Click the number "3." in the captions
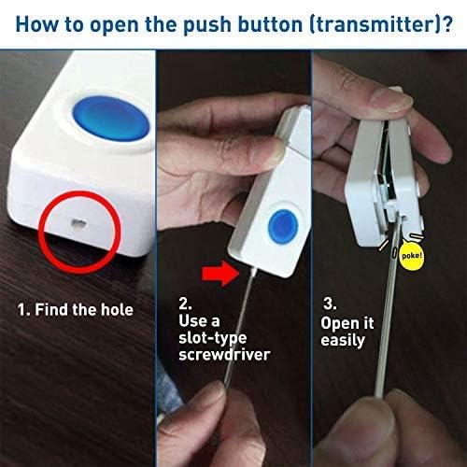tap(329, 304)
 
